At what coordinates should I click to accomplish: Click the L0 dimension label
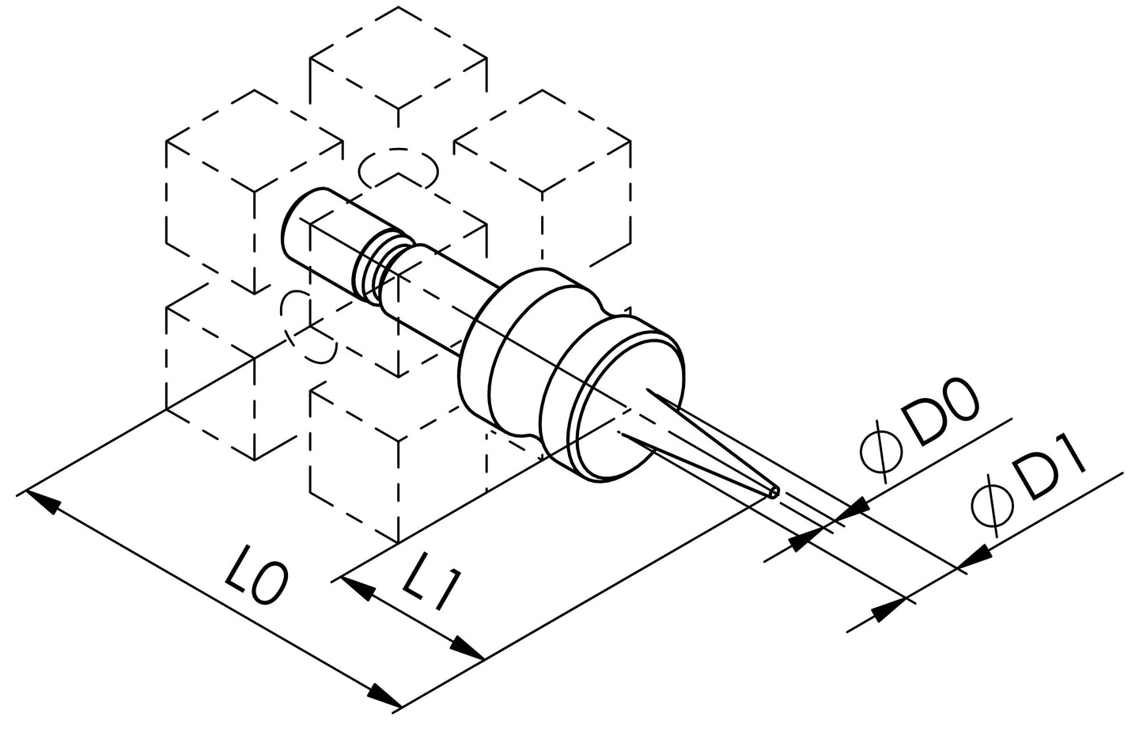255,575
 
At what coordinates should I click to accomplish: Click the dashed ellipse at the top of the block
398,169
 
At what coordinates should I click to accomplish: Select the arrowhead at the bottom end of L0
383,696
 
